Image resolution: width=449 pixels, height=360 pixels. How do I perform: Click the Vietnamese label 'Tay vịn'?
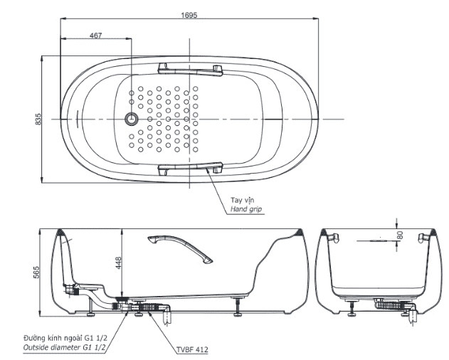tap(241, 201)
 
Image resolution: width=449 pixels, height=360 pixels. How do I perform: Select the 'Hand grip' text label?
tap(245, 211)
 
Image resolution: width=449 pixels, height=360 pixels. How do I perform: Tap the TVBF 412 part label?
tap(192, 349)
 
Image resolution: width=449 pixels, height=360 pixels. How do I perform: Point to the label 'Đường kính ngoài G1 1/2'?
tap(65, 338)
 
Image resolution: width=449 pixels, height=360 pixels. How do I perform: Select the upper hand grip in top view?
tap(190, 68)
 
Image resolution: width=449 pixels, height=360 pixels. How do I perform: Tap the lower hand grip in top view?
tap(190, 168)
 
